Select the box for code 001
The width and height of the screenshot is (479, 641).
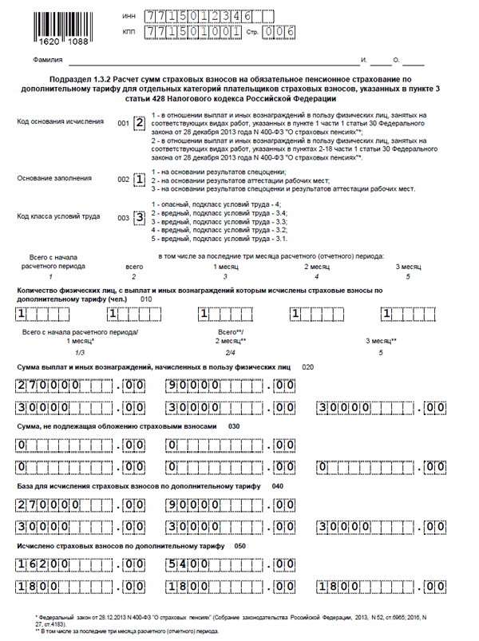click(x=139, y=123)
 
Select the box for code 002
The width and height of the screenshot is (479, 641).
click(x=139, y=180)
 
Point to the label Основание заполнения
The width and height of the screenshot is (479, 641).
click(x=53, y=179)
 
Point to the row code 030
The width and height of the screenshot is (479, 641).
click(x=234, y=426)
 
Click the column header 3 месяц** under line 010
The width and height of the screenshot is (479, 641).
click(x=382, y=341)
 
